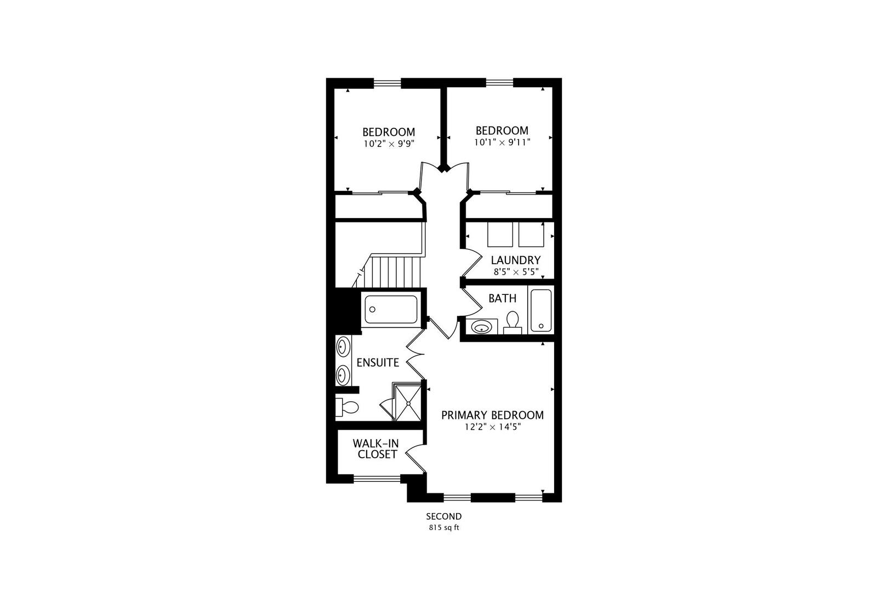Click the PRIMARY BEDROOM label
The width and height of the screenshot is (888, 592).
492,415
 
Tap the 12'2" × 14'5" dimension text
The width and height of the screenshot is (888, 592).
492,427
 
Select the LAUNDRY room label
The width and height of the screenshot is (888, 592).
515,260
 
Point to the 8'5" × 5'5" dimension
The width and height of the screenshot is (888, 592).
515,271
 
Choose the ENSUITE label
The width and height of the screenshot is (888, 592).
378,363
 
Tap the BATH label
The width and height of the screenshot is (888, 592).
502,299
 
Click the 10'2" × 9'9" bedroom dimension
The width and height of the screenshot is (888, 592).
388,144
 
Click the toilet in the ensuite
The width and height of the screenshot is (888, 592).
348,407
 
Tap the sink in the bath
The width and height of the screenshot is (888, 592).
482,327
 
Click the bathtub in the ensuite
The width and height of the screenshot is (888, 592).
391,310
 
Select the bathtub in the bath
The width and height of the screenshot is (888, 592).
540,310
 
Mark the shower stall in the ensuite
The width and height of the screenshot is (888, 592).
409,402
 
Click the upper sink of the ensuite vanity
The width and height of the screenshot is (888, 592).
343,347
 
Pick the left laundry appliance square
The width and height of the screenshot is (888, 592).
499,235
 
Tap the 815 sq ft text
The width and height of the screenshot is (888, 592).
444,528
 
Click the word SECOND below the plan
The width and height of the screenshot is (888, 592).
444,516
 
